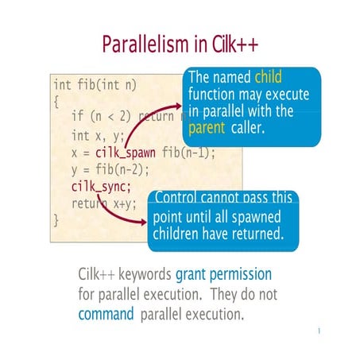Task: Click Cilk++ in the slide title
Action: click(230, 44)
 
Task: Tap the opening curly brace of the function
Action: click(56, 101)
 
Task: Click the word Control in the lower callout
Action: click(178, 197)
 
